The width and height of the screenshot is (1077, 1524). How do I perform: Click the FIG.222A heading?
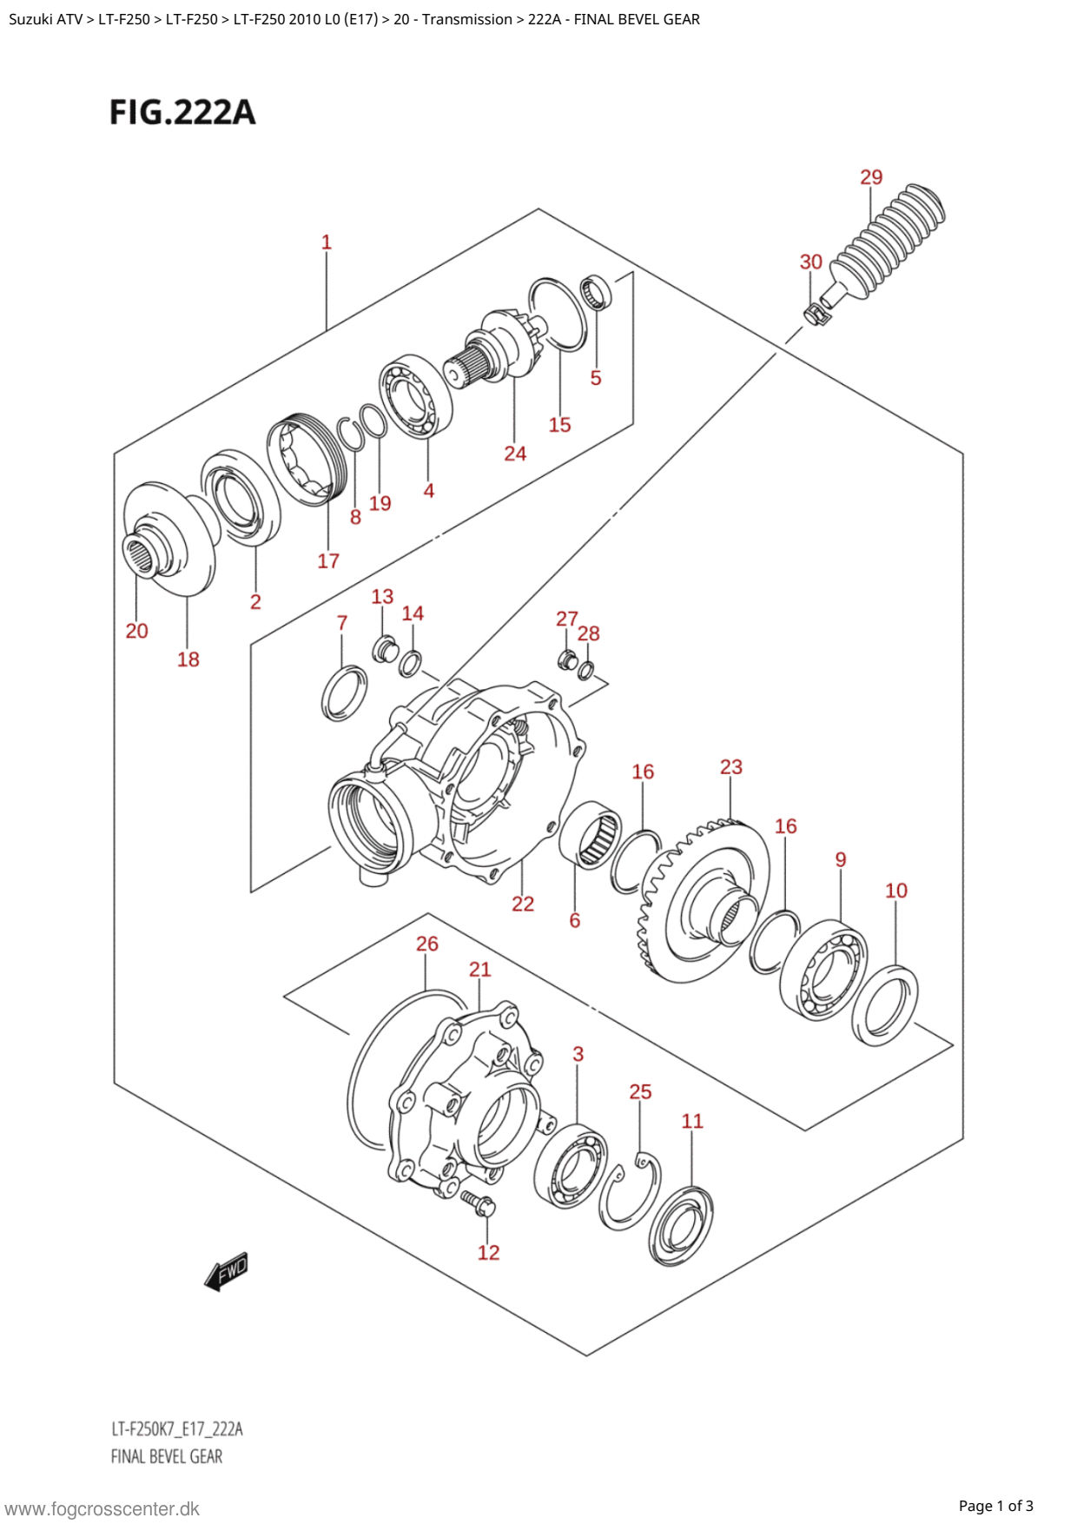tap(182, 112)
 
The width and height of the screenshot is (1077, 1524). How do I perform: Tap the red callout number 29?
tap(871, 177)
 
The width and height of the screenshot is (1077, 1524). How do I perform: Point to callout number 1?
tap(327, 242)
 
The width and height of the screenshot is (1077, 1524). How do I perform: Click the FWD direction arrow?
tap(227, 1272)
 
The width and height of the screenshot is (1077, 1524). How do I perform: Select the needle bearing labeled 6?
tap(591, 834)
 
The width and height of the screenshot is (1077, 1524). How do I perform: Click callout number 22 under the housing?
tap(523, 904)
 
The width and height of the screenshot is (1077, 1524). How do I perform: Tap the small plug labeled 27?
tap(567, 659)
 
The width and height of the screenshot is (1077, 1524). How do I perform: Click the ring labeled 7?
tap(344, 692)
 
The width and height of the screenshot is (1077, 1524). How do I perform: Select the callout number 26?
tap(427, 944)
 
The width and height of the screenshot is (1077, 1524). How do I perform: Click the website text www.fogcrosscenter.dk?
tap(102, 1508)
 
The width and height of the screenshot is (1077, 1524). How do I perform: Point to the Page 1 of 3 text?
tap(995, 1506)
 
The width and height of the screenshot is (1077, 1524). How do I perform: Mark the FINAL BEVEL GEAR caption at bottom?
tap(167, 1456)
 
